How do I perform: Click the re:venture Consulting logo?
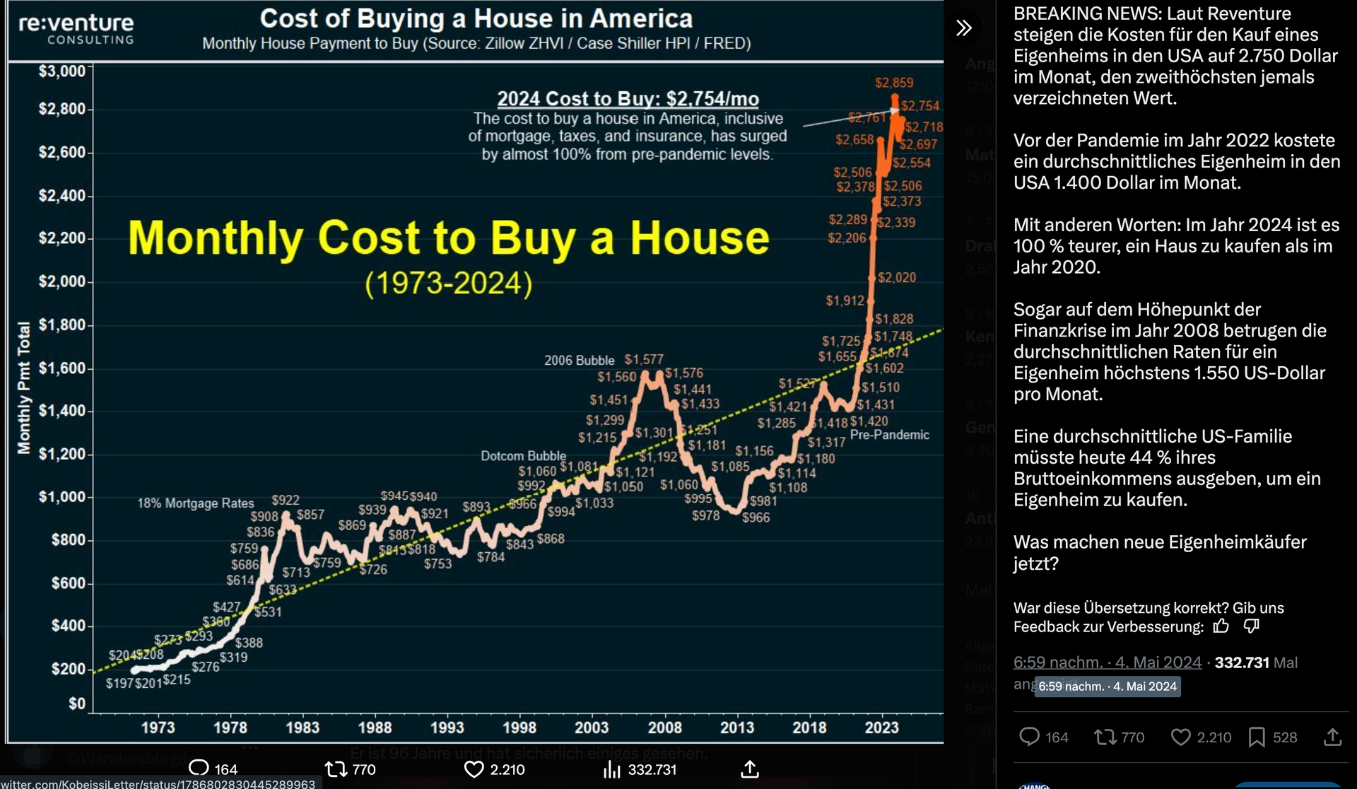click(x=76, y=28)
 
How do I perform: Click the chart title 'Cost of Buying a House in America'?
click(x=476, y=18)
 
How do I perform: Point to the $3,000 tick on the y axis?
click(x=61, y=71)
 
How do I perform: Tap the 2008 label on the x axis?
click(x=664, y=727)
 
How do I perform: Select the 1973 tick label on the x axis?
click(x=158, y=727)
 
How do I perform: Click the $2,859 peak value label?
click(x=894, y=83)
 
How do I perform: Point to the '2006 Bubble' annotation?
click(x=579, y=361)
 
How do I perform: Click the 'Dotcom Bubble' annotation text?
click(x=523, y=456)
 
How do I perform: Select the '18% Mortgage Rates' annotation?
click(x=195, y=503)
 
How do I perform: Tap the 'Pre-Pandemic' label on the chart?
click(x=889, y=435)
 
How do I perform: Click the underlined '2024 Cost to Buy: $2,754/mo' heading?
click(x=628, y=99)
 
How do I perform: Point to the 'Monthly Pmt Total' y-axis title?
click(x=24, y=387)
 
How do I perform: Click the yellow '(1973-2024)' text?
click(x=449, y=284)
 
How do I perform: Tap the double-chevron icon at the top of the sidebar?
click(x=964, y=28)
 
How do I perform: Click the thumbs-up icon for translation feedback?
click(x=1221, y=626)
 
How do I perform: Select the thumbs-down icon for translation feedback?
click(x=1251, y=626)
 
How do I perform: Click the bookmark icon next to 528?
click(x=1257, y=737)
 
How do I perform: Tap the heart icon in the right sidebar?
click(x=1180, y=737)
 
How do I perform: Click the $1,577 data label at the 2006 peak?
click(x=644, y=360)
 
